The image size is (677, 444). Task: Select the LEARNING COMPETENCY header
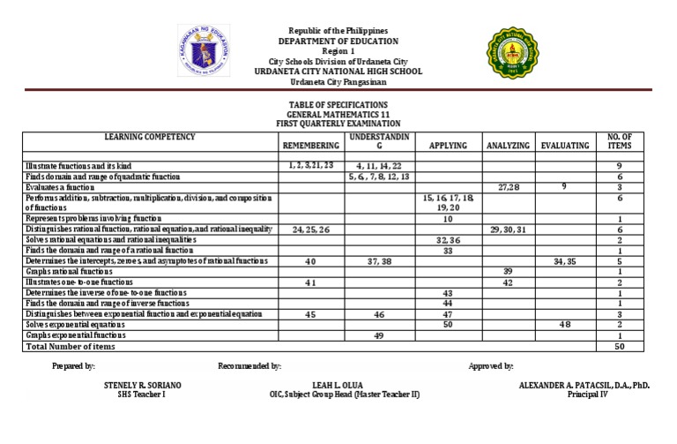149,137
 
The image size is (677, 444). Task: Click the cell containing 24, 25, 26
310,230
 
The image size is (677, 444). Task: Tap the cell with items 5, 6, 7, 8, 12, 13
379,177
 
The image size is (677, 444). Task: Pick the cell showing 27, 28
509,187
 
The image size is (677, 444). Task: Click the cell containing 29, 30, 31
507,230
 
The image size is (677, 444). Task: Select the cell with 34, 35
565,261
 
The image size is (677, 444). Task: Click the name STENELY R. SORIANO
142,386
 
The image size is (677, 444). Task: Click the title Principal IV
585,395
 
